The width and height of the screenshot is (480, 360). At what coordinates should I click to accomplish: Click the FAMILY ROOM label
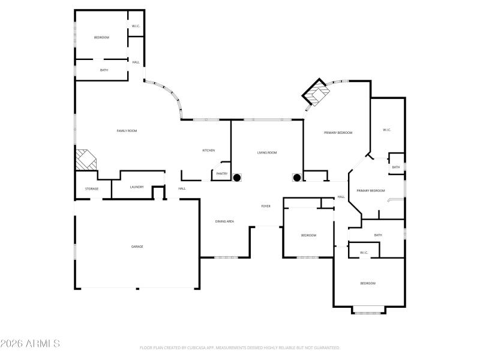pos(127,131)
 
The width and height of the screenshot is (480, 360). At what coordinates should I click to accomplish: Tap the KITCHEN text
pos(208,151)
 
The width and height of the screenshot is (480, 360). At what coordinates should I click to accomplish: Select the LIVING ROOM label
pos(267,153)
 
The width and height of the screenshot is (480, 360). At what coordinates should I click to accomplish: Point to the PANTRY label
pos(221,174)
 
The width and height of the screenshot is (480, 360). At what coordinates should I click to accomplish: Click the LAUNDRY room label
pos(137,187)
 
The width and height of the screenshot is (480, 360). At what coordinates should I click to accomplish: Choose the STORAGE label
pos(91,189)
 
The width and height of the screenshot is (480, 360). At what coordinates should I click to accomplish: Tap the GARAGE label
pos(137,247)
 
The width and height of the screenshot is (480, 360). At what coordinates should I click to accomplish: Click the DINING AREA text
pos(224,222)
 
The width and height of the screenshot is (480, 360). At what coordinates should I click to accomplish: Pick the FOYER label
pos(265,206)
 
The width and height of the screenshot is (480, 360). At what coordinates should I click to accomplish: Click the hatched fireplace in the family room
pos(84,160)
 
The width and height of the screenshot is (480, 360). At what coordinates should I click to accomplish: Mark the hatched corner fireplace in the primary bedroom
pos(316,94)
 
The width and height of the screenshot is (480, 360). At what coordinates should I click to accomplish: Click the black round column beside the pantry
pos(237,178)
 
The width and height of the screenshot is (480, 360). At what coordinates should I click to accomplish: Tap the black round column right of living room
pos(296,178)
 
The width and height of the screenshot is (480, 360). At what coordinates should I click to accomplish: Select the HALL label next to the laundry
pos(182,189)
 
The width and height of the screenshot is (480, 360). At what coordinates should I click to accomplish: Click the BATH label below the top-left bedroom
pos(104,71)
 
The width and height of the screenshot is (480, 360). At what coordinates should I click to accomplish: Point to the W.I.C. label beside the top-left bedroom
pos(136,26)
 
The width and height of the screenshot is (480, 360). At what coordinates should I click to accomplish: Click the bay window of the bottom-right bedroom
pos(368,310)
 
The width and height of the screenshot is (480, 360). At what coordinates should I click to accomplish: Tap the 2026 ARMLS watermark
pos(30,344)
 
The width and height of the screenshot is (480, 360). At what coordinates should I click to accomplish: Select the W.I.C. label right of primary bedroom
pos(387,130)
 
